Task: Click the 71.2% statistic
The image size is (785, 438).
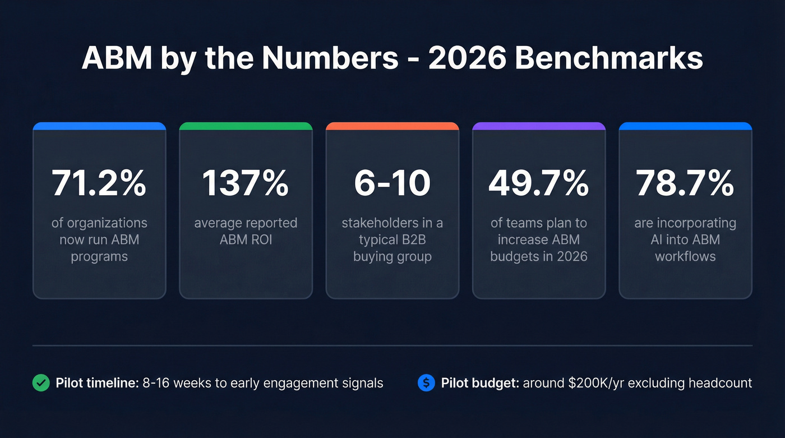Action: (x=99, y=182)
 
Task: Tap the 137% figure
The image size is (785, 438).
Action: (x=246, y=182)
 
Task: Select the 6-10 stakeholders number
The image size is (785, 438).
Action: (x=392, y=182)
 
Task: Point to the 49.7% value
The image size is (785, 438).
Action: (x=539, y=182)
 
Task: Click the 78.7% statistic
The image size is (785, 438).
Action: (x=685, y=182)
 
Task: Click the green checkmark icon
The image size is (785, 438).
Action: (x=40, y=383)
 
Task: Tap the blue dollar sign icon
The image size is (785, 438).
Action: (x=426, y=383)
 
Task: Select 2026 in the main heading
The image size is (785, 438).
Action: (x=467, y=58)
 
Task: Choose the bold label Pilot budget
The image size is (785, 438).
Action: (x=480, y=383)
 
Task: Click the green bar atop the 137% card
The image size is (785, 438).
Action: (x=246, y=126)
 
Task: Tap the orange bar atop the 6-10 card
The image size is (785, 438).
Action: (x=392, y=126)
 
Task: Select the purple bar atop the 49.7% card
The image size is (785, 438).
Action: (x=539, y=126)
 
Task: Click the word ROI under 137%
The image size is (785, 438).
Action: (x=261, y=239)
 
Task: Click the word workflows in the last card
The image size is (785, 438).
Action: (x=685, y=256)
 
